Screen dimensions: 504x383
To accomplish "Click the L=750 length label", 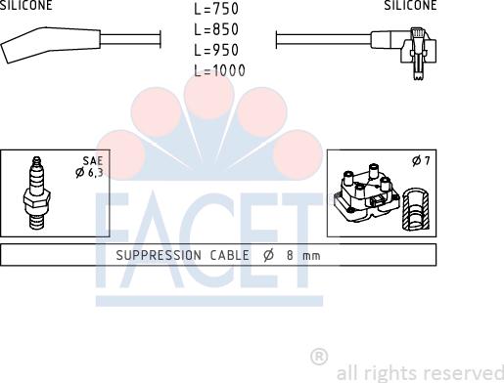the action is (x=216, y=9).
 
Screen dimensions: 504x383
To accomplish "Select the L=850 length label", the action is (x=216, y=29).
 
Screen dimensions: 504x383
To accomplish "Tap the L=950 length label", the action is (x=216, y=50).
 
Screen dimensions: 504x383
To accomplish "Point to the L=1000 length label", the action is (x=219, y=70).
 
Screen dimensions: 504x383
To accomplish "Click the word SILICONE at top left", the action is (x=25, y=5).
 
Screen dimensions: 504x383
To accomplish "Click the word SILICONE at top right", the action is (x=410, y=5).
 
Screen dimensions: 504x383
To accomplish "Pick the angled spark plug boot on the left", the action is (x=51, y=44).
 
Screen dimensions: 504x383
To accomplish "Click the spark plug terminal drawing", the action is (x=36, y=192).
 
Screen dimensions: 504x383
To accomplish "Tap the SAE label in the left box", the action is (x=93, y=161).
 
